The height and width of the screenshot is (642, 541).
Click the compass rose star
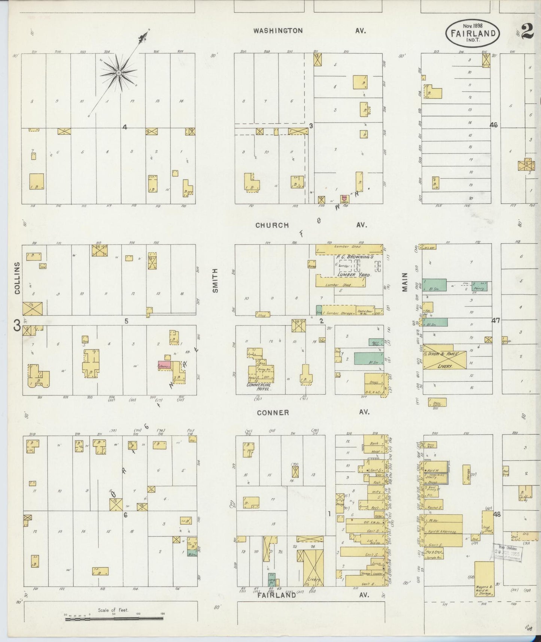[x=118, y=72]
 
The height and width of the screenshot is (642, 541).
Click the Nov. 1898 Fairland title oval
[x=473, y=33]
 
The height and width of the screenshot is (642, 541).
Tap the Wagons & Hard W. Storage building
[x=484, y=578]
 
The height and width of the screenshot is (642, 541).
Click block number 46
[x=493, y=125]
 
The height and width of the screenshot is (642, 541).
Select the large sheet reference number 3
[x=17, y=326]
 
